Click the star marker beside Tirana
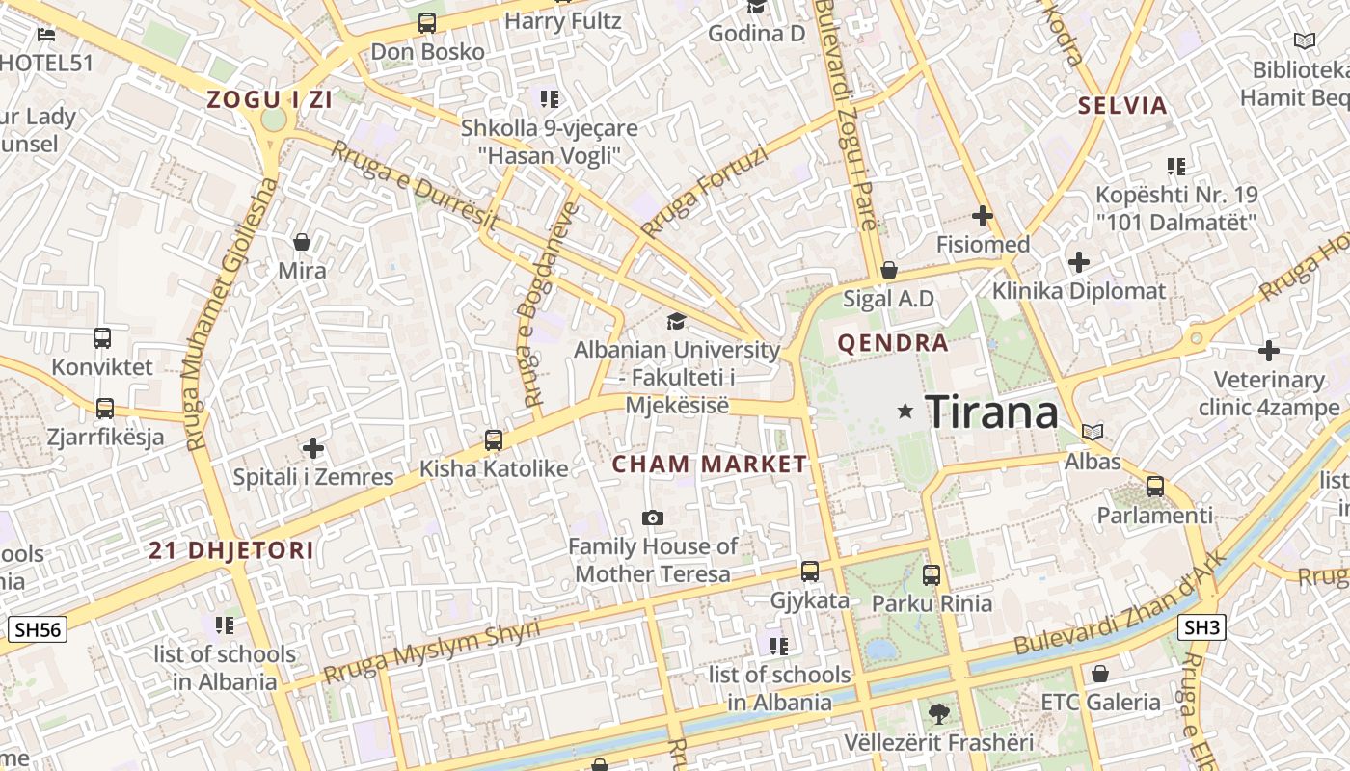(x=904, y=412)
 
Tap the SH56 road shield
(x=38, y=630)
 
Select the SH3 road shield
(x=1201, y=628)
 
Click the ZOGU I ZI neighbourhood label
(x=269, y=99)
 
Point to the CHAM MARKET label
(x=710, y=465)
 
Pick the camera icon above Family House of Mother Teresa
(x=653, y=518)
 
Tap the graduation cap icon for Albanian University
(x=677, y=321)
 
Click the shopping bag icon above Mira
(x=302, y=241)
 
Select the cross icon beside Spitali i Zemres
(x=313, y=448)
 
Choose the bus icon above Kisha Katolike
(x=494, y=440)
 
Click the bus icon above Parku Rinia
(x=931, y=575)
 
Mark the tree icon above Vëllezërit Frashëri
(x=938, y=714)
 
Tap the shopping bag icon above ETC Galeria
(x=1100, y=674)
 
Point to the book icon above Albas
(x=1093, y=433)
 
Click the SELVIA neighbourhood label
(x=1122, y=106)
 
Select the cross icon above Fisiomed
(x=983, y=216)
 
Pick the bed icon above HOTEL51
(x=46, y=35)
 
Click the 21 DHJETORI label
(x=231, y=550)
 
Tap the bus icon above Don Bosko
(x=427, y=23)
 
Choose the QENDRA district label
(x=893, y=343)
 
